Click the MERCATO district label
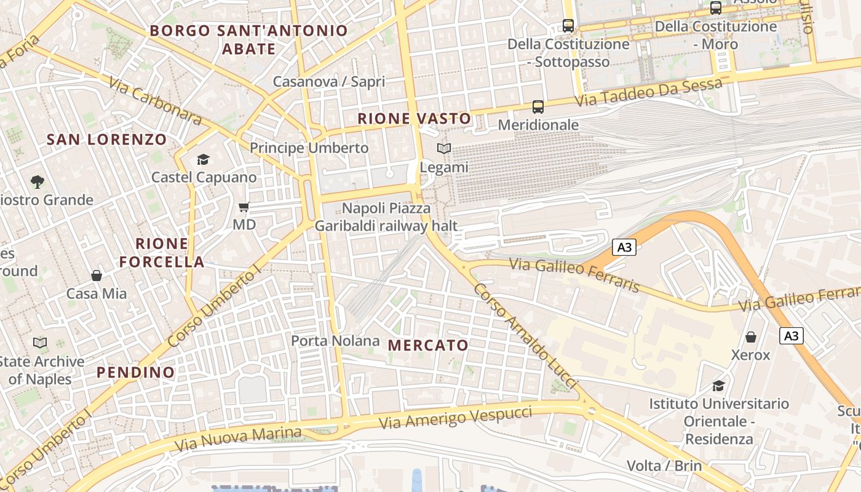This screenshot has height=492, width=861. [429, 345]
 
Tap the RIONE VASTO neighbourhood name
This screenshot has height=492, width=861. [415, 119]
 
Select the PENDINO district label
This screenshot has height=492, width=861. [135, 372]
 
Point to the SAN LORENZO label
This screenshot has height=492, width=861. [107, 140]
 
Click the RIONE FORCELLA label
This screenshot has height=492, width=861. [162, 253]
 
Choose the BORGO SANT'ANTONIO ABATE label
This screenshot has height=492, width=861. [248, 39]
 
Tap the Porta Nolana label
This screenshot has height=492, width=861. [335, 341]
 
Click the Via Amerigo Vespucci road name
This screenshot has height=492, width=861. [455, 418]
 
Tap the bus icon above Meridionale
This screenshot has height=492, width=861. [538, 107]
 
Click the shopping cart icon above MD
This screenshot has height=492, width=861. [244, 207]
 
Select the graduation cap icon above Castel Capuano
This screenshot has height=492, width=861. [203, 160]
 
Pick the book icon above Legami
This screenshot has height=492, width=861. [444, 149]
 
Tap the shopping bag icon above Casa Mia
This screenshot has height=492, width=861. [97, 276]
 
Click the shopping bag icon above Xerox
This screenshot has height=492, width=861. [750, 337]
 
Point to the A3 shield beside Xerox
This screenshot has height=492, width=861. [792, 336]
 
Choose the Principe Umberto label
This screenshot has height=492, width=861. [309, 148]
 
